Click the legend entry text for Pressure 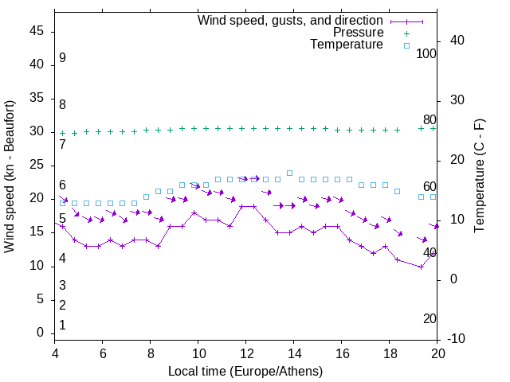click(x=358, y=33)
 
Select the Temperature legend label click(x=347, y=45)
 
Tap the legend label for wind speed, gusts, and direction click(x=291, y=20)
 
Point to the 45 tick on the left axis click(x=37, y=30)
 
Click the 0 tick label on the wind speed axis click(x=41, y=333)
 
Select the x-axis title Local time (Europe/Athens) click(x=245, y=371)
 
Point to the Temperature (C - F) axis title click(x=479, y=177)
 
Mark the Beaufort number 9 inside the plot click(x=62, y=58)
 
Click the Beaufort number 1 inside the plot click(x=62, y=325)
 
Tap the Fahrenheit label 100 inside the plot click(x=426, y=53)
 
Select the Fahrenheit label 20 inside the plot click(x=430, y=318)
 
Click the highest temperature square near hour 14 click(x=290, y=173)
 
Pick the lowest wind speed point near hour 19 click(x=422, y=267)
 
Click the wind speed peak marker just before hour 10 click(x=194, y=213)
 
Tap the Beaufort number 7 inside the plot click(x=62, y=145)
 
